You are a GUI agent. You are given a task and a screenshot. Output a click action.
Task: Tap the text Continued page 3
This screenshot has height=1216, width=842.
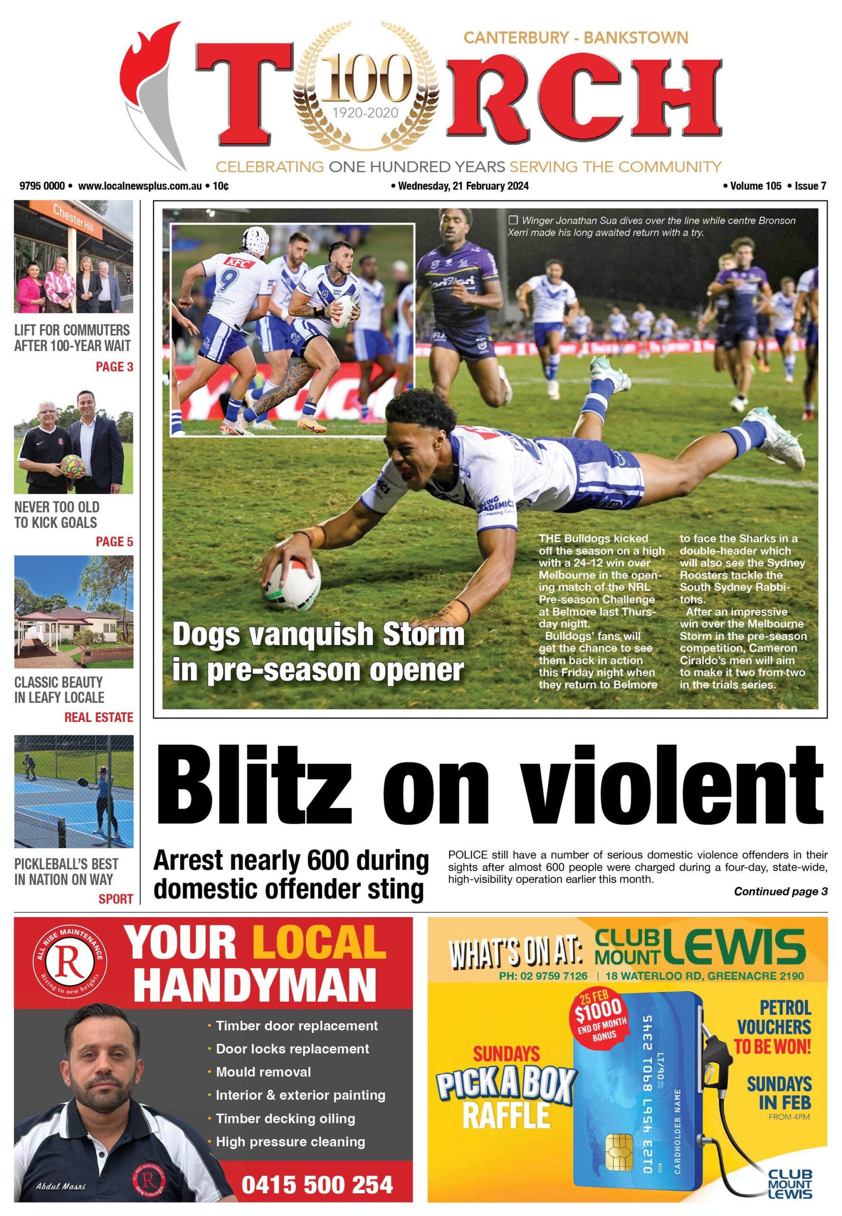coord(780,891)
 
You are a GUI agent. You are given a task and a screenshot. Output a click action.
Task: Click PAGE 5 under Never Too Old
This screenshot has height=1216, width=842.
coord(114,541)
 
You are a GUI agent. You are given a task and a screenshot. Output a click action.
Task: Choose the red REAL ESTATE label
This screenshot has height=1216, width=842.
coord(99,717)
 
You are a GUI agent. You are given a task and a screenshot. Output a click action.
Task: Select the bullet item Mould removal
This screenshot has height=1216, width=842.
coord(263,1072)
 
